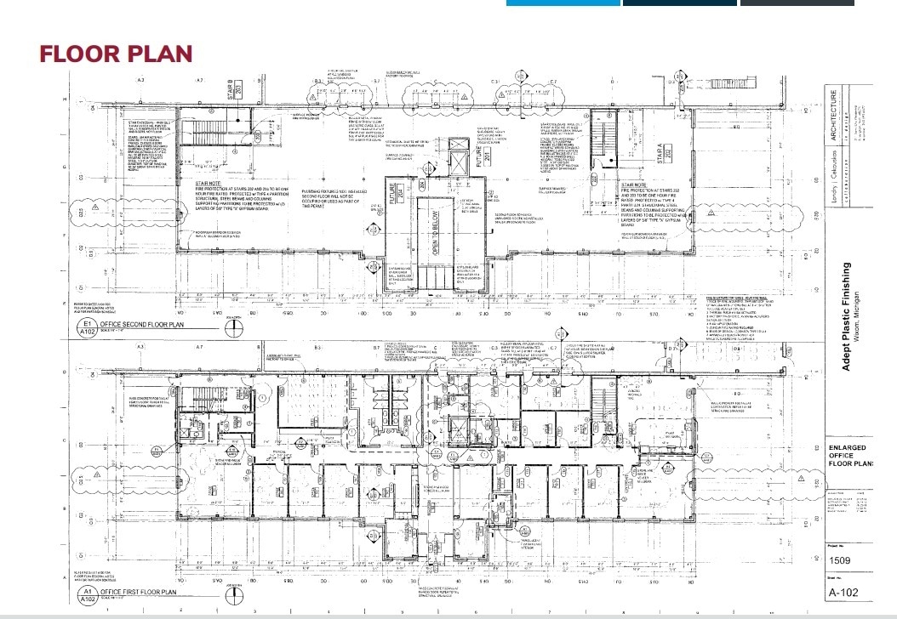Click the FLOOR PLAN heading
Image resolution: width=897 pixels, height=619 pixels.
[x=116, y=54]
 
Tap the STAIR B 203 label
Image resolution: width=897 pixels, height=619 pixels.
[x=230, y=88]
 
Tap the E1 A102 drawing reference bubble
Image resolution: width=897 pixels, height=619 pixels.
[x=85, y=330]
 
